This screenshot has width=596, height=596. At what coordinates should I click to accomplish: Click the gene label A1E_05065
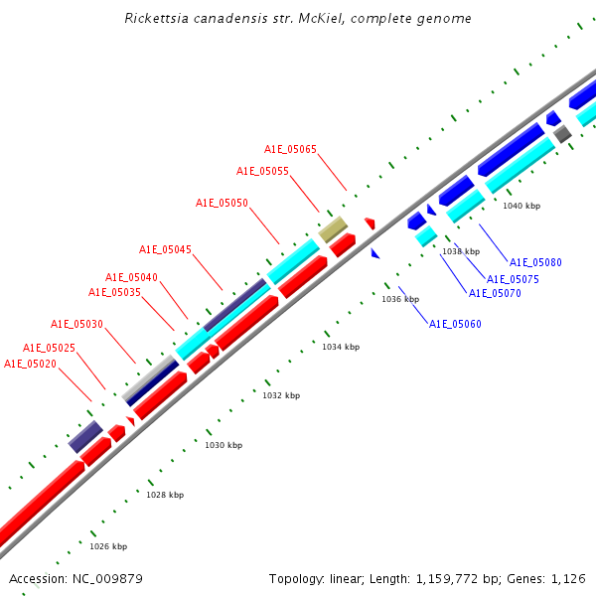290,149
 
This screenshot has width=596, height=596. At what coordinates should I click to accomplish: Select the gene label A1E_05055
262,171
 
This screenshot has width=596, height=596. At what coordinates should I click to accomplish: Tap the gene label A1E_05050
222,203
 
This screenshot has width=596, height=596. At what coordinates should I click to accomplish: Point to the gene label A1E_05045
165,249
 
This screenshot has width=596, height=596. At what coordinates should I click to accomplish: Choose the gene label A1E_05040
131,277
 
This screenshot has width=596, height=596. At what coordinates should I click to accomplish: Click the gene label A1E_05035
114,292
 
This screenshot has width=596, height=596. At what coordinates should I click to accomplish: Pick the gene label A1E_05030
76,324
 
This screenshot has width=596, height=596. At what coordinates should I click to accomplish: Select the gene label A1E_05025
49,348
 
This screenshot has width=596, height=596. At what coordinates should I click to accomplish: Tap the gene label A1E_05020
30,364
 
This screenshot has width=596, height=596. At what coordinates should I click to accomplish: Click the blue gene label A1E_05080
535,262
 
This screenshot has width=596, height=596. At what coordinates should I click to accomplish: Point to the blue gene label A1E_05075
513,279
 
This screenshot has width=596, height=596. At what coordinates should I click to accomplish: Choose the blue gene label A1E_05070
495,293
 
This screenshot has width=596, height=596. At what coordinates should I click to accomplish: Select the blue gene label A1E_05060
455,324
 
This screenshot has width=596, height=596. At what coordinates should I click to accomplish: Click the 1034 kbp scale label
341,347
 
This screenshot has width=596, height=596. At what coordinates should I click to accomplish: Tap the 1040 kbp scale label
521,206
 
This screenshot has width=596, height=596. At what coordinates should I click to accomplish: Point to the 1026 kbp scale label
108,546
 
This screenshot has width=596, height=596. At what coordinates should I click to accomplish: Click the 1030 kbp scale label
223,445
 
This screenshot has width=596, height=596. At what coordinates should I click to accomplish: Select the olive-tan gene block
332,229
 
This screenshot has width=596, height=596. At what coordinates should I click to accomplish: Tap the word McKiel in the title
333,19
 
